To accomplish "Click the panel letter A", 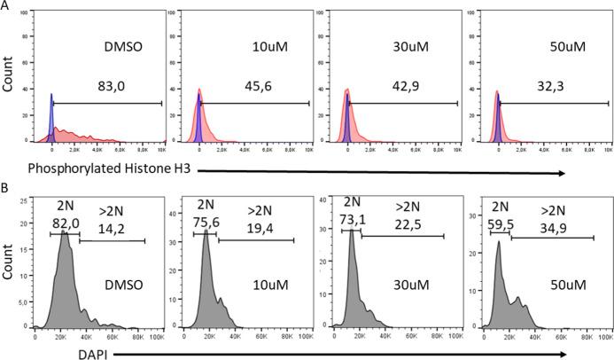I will click(5, 6).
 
